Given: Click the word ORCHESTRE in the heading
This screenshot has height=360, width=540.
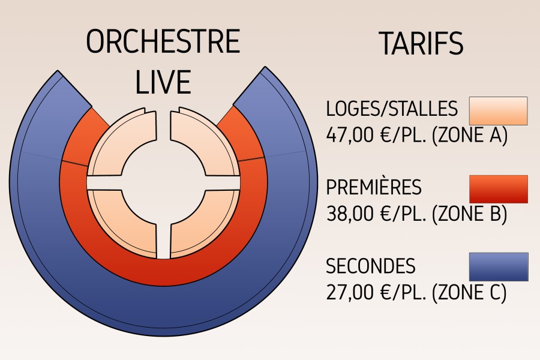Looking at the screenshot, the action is pos(163,41).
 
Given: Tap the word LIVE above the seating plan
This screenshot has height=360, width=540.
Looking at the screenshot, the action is pos(163,82).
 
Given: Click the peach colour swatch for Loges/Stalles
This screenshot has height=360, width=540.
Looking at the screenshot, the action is pos(499,110).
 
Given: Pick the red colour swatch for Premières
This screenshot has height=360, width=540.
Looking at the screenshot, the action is pos(499,189).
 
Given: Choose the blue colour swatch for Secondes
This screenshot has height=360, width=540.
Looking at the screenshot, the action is pos(499,267).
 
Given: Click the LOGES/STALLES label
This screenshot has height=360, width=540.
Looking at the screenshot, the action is pos(392,109).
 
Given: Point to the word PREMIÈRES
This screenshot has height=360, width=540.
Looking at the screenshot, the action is pos(374,187).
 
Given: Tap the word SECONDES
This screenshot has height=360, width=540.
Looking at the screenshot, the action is pos(371,266).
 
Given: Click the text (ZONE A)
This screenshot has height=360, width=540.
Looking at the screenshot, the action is pos(469,136).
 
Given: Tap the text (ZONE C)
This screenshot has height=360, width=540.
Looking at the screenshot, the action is pos(469,292).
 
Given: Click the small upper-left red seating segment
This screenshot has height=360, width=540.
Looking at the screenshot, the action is pos(83,138).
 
